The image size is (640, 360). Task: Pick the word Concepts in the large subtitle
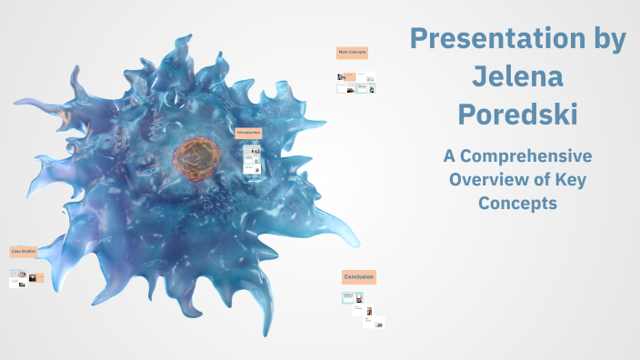click(517, 203)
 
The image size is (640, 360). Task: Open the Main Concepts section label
click(352, 53)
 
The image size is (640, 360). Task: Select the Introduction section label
click(248, 133)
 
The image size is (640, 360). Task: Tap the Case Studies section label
click(23, 251)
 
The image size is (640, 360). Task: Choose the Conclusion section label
click(358, 276)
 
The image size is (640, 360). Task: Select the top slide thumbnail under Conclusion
click(353, 297)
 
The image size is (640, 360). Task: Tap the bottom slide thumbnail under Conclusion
click(373, 322)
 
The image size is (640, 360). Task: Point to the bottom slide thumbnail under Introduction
click(252, 168)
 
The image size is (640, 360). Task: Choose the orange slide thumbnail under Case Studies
click(32, 276)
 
